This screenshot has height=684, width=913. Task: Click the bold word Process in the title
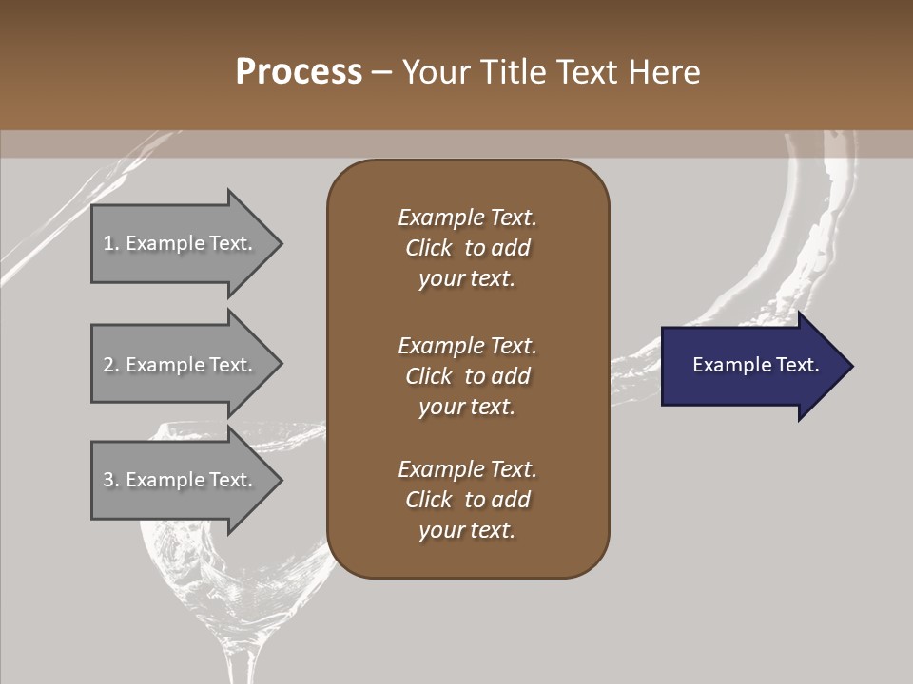pyautogui.click(x=299, y=72)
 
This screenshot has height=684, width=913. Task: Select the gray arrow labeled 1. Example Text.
pyautogui.click(x=181, y=243)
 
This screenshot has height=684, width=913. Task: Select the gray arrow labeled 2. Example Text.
pyautogui.click(x=181, y=365)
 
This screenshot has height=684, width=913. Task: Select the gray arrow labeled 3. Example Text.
pyautogui.click(x=181, y=480)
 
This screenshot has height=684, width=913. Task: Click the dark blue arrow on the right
pyautogui.click(x=751, y=366)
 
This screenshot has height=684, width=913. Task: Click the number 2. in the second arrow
pyautogui.click(x=111, y=365)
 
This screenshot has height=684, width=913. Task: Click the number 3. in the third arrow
pyautogui.click(x=111, y=480)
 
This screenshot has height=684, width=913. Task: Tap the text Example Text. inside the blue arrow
pyautogui.click(x=755, y=365)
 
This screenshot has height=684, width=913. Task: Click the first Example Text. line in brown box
pyautogui.click(x=467, y=218)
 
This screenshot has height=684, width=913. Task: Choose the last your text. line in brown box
pyautogui.click(x=467, y=531)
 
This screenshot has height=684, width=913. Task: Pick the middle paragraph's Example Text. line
pyautogui.click(x=467, y=345)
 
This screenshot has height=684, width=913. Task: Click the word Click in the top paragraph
pyautogui.click(x=428, y=248)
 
